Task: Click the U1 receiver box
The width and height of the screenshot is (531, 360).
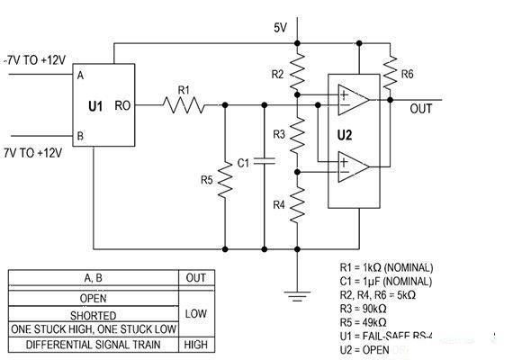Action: click(103, 106)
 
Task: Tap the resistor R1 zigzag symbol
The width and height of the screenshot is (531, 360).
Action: click(184, 106)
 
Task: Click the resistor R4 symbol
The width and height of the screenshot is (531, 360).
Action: click(297, 203)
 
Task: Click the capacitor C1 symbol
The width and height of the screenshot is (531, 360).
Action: click(264, 163)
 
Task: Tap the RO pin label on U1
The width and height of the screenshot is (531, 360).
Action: click(125, 106)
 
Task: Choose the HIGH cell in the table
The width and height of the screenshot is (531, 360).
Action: click(195, 344)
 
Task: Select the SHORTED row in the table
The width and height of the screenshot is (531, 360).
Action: click(94, 315)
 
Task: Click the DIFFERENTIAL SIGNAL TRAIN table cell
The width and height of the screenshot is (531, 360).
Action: click(94, 344)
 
